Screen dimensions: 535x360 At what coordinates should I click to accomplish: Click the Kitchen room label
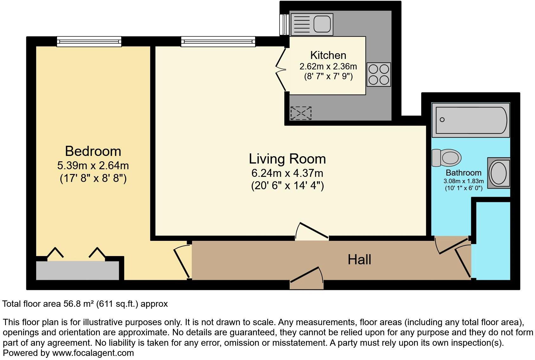328,55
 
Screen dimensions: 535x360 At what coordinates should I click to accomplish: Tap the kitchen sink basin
322,24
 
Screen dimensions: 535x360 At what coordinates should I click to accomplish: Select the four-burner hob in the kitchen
379,74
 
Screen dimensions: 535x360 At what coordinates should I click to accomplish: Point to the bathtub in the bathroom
471,120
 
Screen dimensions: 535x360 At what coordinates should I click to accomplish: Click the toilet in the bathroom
446,158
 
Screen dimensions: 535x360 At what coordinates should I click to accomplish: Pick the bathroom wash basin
499,173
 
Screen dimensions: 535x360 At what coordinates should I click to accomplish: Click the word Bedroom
93,151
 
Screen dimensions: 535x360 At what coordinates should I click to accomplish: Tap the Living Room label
287,159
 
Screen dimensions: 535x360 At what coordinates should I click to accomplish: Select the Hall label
359,260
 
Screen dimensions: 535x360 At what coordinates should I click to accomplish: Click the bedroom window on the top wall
89,42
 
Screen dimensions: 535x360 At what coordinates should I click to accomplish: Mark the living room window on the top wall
218,42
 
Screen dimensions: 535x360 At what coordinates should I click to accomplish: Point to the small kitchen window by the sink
285,25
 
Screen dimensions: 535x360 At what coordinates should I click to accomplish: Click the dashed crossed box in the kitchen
301,113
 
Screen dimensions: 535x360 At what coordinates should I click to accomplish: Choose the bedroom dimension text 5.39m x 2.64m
93,165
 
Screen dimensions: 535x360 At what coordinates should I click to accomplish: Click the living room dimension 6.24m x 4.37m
287,173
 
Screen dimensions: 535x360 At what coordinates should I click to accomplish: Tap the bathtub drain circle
442,120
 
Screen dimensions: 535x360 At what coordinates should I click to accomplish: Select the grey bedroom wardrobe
78,270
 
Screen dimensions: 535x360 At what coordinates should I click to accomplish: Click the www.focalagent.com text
93,353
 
